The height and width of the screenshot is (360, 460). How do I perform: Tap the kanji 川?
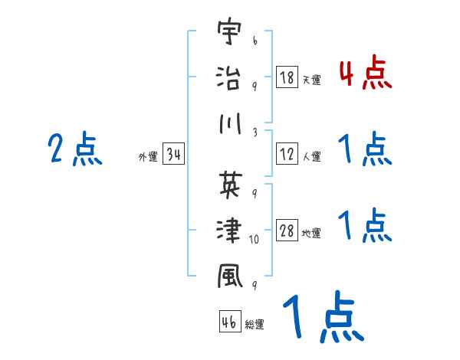229,124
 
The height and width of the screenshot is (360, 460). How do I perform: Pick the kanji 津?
229,229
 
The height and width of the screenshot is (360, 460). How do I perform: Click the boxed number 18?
287,77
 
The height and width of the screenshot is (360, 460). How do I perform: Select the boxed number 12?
287,154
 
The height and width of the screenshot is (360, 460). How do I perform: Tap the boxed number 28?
287,231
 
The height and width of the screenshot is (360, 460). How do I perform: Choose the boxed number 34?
172,155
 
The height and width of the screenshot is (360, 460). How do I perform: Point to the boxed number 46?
229,322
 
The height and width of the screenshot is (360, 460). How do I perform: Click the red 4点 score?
365,74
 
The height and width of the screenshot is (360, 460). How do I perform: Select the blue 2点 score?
75,149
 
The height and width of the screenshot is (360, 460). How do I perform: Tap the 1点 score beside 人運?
365,149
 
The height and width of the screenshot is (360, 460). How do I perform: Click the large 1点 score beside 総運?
322,316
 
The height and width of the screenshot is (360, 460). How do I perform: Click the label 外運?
147,157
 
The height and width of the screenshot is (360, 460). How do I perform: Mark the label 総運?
255,325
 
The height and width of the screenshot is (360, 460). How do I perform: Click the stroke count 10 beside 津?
255,240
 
